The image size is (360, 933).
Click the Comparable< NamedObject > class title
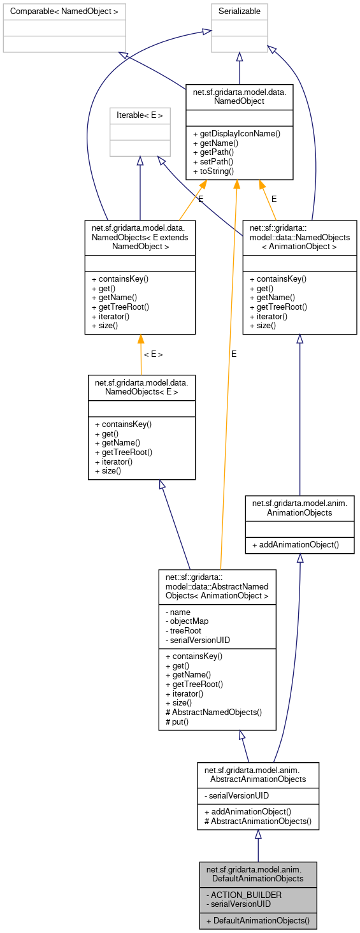point(64,11)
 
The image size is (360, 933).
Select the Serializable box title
point(240,11)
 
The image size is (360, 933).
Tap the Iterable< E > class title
point(140,115)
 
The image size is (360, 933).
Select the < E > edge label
point(153,354)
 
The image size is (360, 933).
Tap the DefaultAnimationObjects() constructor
point(257,920)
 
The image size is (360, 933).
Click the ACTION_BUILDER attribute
point(244,894)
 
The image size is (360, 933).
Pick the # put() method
point(179,721)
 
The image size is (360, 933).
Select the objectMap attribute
point(187,621)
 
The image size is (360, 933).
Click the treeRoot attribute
point(184,630)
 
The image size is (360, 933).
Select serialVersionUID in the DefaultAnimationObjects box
point(239,904)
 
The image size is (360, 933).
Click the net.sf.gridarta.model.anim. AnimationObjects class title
point(299,507)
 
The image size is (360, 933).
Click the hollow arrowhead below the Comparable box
point(122,56)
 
